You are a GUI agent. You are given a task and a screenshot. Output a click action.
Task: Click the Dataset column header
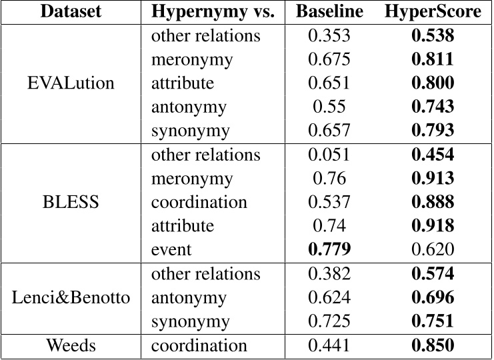[x=71, y=11]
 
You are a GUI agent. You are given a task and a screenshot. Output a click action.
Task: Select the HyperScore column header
[x=433, y=11]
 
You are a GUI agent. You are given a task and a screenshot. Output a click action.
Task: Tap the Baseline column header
[x=329, y=11]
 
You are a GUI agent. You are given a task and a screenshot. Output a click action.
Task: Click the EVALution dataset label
[x=71, y=83]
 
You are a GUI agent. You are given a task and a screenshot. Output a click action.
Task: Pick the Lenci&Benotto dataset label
[x=71, y=298]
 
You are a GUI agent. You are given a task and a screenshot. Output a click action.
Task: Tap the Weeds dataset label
[x=71, y=345]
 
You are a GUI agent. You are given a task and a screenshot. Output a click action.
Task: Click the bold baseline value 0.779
[x=329, y=250]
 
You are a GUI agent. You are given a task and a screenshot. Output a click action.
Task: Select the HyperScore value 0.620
[x=433, y=250]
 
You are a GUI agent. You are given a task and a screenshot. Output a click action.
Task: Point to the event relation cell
[x=171, y=250]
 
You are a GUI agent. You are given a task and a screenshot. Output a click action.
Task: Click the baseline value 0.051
[x=329, y=155]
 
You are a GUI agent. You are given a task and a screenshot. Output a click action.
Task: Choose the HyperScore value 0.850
[x=433, y=345]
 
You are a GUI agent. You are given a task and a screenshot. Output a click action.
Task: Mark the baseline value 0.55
[x=329, y=107]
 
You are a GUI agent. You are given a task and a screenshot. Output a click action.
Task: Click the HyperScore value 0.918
[x=433, y=226]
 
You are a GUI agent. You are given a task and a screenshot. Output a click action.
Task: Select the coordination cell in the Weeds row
[x=199, y=345]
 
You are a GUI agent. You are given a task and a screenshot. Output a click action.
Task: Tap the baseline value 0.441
[x=329, y=345]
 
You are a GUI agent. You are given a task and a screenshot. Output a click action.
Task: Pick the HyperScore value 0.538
[x=433, y=35]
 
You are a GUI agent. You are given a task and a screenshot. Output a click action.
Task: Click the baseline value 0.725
[x=329, y=321]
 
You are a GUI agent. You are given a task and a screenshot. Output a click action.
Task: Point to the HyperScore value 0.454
[x=433, y=155]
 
